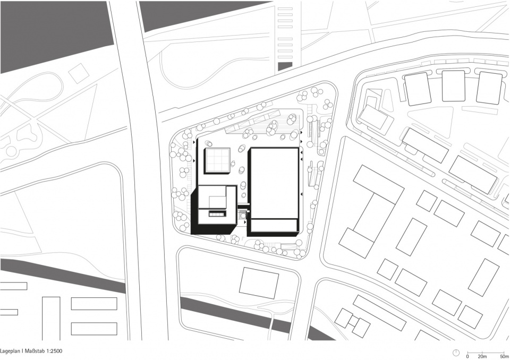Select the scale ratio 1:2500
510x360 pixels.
[55, 351]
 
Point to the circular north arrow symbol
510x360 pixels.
[456, 353]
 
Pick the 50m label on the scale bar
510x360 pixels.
[505, 356]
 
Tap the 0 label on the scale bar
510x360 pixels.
[467, 356]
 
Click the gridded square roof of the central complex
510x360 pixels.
[217, 161]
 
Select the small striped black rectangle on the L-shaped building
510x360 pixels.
[217, 213]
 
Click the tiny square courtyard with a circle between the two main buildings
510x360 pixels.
[242, 215]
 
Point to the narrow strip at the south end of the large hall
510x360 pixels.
[275, 225]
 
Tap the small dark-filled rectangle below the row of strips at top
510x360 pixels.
[285, 66]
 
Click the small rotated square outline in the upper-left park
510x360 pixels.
[79, 73]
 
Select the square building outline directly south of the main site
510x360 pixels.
[259, 283]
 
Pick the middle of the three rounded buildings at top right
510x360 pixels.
[453, 86]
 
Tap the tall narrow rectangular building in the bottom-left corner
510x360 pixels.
[51, 319]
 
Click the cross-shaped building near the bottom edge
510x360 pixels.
[353, 323]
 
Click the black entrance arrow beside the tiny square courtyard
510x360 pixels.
[244, 222]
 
